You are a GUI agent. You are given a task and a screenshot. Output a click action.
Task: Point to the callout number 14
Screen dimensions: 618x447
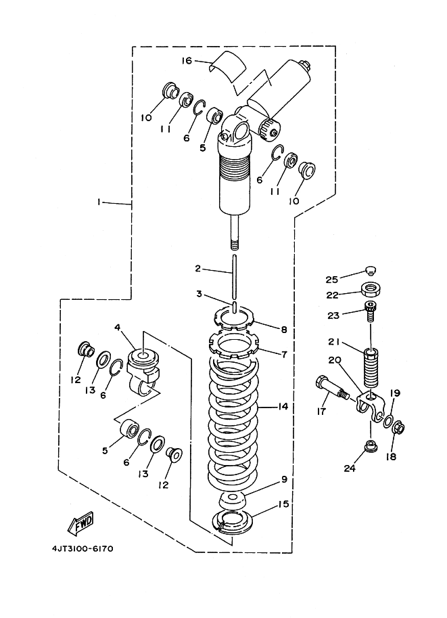(x=283, y=407)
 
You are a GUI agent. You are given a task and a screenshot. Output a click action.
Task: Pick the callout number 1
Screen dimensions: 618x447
(x=99, y=202)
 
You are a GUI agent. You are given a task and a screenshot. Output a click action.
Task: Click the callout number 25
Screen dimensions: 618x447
(x=350, y=279)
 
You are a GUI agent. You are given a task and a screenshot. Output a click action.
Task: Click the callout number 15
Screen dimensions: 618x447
(x=284, y=504)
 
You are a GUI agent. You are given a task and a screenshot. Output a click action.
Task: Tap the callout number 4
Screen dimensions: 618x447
(x=118, y=328)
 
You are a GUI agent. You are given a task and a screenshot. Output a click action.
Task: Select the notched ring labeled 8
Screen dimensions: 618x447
(x=233, y=315)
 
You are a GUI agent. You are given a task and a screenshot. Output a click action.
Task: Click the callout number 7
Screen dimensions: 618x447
(x=283, y=353)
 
